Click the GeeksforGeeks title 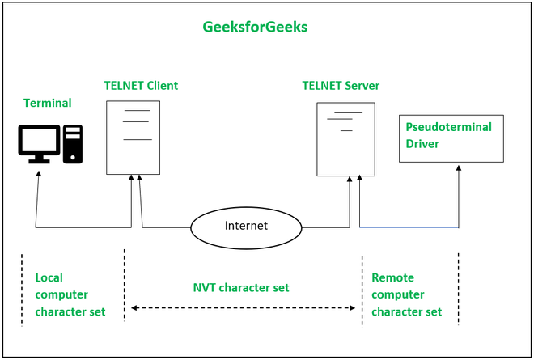tap(254, 27)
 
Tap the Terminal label tap(48, 103)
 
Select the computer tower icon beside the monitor tap(73, 143)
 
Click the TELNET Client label tap(141, 85)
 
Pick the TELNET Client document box tap(133, 137)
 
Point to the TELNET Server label tap(341, 85)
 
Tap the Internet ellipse tap(246, 226)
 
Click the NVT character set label tap(241, 287)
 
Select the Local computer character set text tap(70, 294)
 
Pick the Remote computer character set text tap(406, 294)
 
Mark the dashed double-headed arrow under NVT tap(243, 307)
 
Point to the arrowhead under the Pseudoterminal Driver tap(459, 167)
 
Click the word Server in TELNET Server tap(360, 85)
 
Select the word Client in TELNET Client tap(160, 85)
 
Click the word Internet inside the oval tap(246, 226)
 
